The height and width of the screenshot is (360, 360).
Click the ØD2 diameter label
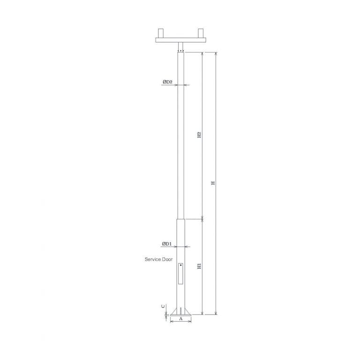168,82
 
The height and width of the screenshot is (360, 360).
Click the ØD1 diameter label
167,244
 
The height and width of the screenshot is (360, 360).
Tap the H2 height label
199,135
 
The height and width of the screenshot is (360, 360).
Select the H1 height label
199,266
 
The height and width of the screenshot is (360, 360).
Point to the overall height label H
213,183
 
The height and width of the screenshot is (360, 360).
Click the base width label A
180,319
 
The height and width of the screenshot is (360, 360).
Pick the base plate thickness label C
163,306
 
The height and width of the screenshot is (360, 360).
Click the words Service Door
158,259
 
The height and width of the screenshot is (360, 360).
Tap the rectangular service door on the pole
180,274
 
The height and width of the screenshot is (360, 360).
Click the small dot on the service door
181,265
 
